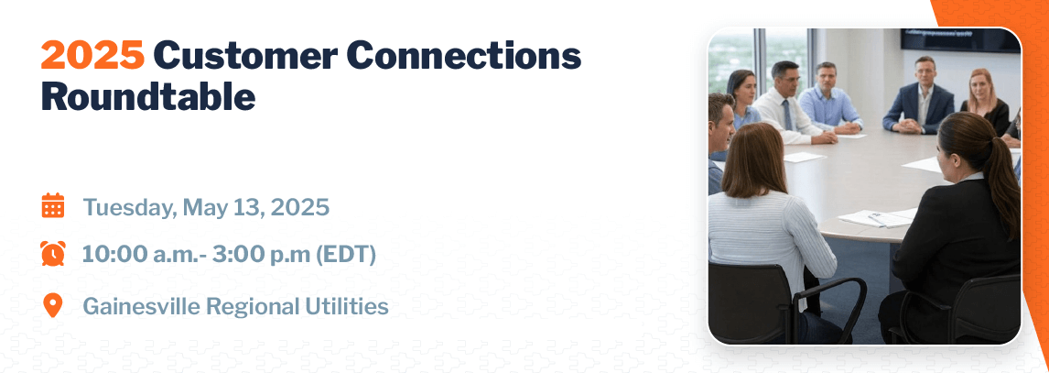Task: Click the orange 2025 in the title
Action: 92,56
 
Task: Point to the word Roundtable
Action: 148,97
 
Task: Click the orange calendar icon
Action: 53,205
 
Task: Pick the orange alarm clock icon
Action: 53,253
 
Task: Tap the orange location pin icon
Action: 52,305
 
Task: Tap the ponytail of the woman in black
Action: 1000,181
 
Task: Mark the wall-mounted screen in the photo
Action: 960,39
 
